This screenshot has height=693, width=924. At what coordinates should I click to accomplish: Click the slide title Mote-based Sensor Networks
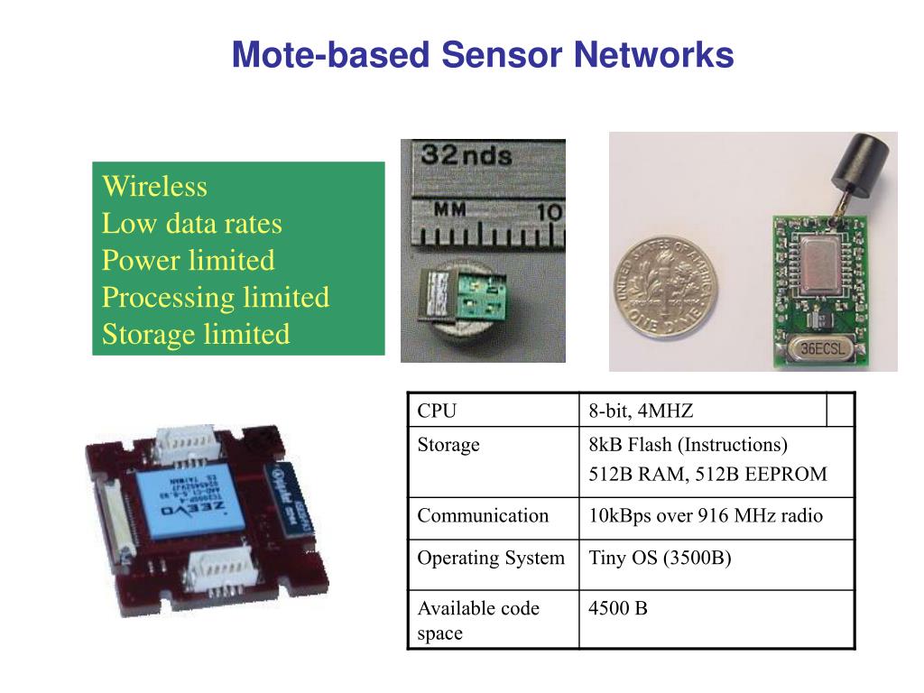click(x=483, y=55)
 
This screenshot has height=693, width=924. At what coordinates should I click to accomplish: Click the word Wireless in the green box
click(x=154, y=187)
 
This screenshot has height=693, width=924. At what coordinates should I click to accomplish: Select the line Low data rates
click(x=191, y=224)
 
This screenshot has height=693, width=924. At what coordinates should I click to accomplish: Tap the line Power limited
click(x=188, y=261)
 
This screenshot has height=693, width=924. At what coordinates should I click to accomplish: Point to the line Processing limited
click(x=215, y=298)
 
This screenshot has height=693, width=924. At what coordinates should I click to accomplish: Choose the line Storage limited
click(x=196, y=335)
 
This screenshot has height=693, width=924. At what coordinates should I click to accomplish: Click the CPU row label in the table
click(x=437, y=411)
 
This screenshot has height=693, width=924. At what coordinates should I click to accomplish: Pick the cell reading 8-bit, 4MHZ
click(x=641, y=411)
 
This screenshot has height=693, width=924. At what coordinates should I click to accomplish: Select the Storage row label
click(x=448, y=445)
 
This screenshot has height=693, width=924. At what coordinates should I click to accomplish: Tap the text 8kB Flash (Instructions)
click(x=688, y=445)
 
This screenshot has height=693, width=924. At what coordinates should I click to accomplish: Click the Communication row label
click(x=482, y=516)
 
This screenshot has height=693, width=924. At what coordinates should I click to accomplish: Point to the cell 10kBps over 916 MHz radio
click(x=706, y=516)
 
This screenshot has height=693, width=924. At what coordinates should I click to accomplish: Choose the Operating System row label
click(x=490, y=558)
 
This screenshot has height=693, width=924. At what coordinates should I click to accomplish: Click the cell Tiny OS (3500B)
click(x=660, y=558)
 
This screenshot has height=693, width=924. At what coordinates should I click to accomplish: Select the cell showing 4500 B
click(x=618, y=608)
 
